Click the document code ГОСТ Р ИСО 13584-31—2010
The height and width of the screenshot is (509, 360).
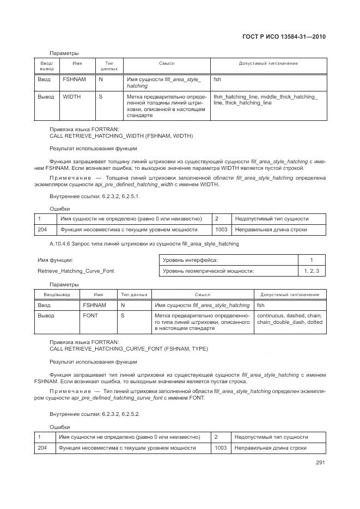[287, 37]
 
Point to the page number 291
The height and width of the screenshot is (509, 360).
[320, 463]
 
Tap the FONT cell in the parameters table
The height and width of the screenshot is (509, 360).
[90, 315]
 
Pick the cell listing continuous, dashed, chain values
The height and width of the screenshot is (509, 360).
[289, 318]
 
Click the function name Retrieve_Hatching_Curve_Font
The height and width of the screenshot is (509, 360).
[76, 271]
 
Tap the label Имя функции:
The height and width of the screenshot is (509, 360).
[55, 260]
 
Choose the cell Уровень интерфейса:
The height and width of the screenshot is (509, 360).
[190, 260]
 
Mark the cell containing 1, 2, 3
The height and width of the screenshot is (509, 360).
[312, 271]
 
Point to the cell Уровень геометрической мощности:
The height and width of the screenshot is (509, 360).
[209, 271]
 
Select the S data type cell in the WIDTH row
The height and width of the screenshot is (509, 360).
[101, 96]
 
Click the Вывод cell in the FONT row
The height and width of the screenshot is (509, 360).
[46, 315]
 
